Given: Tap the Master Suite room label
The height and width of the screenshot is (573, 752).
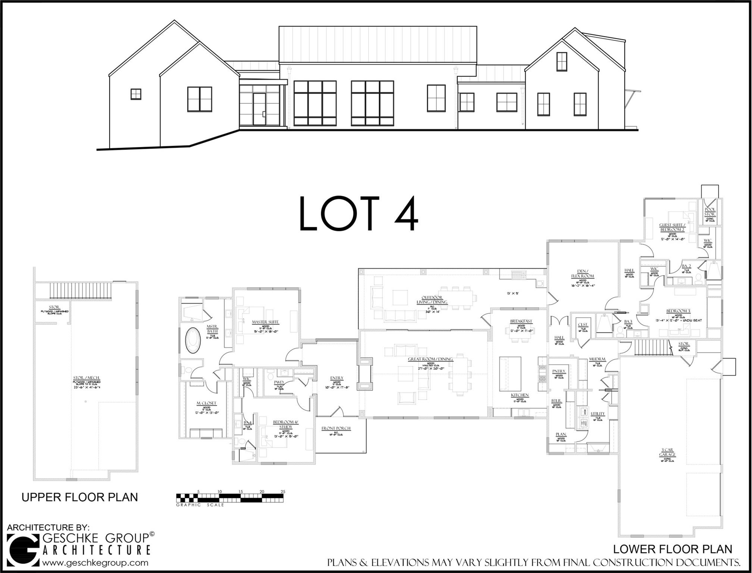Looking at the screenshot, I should point(265,322).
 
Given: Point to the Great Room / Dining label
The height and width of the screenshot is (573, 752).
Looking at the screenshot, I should point(430,359).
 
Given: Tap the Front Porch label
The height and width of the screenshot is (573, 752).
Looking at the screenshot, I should point(336,428).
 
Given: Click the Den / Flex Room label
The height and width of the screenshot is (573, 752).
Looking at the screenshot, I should point(582,273).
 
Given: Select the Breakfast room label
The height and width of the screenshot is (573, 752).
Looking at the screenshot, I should point(521,321).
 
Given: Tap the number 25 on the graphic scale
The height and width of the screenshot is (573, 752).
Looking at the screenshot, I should point(283,492).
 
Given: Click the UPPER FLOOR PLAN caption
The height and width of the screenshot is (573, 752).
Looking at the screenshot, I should point(79,497).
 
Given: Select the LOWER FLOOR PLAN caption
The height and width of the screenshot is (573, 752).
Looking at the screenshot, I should point(673,549).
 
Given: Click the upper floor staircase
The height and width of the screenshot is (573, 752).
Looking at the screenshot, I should point(81,291).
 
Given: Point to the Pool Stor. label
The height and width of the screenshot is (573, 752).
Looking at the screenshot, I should point(710,212).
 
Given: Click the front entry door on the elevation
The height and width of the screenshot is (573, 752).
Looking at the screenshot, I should point(259,109).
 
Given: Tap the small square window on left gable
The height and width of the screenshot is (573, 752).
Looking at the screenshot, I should point(136,94).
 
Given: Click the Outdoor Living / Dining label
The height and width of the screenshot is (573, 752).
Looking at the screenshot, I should point(432,300).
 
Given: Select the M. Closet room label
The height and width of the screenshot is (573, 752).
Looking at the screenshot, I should point(206,403).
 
